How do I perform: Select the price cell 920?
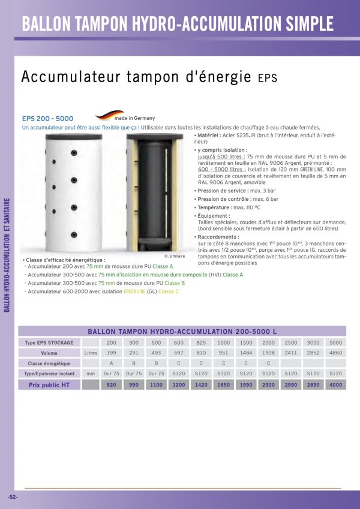click(x=111, y=385)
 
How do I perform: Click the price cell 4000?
click(x=335, y=385)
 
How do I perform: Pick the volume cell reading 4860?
click(x=335, y=353)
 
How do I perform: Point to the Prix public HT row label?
click(x=50, y=385)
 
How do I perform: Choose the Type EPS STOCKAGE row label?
click(x=50, y=342)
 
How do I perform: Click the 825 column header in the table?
click(x=201, y=342)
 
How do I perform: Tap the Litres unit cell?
click(x=91, y=353)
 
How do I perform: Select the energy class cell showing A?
click(x=111, y=363)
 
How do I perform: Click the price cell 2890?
click(x=313, y=385)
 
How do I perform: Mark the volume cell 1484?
click(x=246, y=353)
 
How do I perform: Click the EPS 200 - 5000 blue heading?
click(x=47, y=119)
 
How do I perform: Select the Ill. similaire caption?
click(x=174, y=256)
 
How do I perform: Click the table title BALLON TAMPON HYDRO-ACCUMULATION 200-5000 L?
click(x=182, y=331)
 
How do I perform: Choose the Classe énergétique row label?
click(x=50, y=363)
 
